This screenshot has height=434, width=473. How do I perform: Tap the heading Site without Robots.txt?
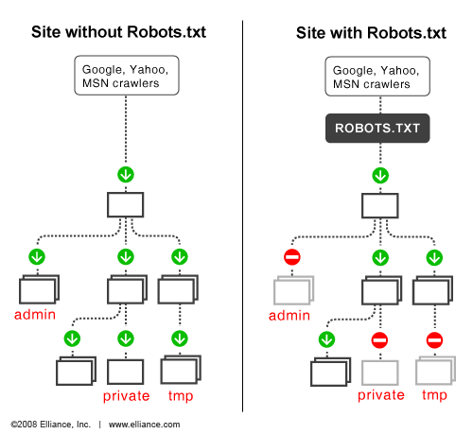[118, 33]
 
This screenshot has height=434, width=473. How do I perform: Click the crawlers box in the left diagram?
[125, 76]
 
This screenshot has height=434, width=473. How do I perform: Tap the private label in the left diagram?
[126, 395]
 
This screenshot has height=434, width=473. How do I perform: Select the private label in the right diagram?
[380, 395]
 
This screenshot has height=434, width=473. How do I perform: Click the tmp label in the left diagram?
[181, 395]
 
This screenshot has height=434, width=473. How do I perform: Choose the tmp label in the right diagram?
[434, 395]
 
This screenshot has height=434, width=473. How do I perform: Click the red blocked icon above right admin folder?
[292, 257]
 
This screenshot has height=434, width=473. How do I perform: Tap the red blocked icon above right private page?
[379, 339]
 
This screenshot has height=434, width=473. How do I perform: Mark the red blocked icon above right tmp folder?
[434, 339]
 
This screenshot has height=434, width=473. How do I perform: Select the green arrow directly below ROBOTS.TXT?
[379, 175]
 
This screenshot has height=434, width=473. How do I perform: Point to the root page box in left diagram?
[125, 205]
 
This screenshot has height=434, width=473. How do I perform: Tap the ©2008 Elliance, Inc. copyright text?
[49, 425]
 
